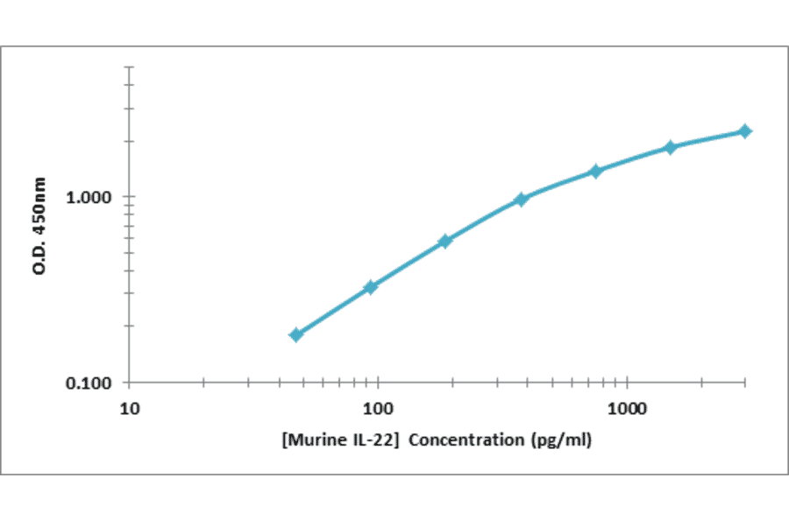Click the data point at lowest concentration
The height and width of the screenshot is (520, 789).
tap(296, 334)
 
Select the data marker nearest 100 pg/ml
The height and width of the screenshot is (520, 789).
tap(371, 286)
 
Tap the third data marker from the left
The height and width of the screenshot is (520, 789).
tap(445, 241)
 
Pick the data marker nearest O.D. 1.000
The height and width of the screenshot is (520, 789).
tap(522, 200)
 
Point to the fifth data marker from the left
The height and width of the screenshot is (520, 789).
tap(595, 171)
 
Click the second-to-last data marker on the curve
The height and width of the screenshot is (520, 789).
tap(671, 147)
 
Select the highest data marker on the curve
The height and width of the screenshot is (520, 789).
tap(745, 131)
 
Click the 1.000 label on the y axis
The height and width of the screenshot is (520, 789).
tap(91, 197)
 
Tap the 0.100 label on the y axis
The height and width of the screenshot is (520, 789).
tap(91, 383)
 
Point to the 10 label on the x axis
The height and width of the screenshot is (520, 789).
tap(130, 407)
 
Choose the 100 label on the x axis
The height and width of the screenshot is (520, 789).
tap(379, 407)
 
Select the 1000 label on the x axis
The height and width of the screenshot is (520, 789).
tap(628, 407)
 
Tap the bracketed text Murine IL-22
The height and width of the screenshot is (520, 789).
tap(342, 439)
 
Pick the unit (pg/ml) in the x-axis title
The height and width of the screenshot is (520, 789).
tap(563, 439)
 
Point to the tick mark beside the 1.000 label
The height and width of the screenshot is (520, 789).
tap(126, 196)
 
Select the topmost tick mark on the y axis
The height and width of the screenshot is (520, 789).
tap(129, 66)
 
